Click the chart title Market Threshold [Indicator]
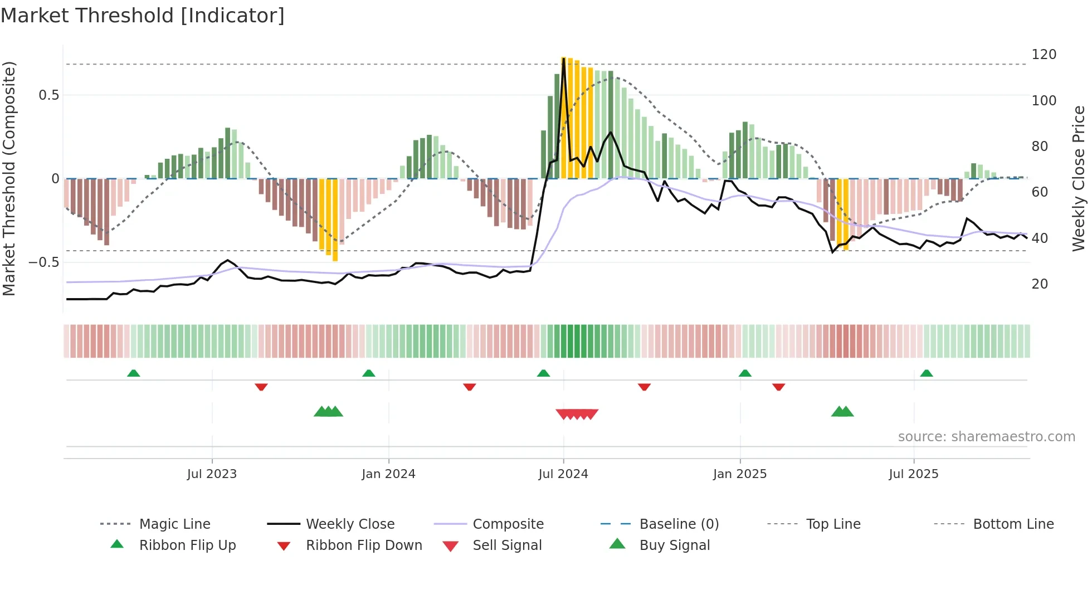[x=143, y=16]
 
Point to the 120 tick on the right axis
[x=1044, y=55]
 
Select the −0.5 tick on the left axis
[x=44, y=262]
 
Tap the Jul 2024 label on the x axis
[x=563, y=474]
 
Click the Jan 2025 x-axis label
[x=739, y=474]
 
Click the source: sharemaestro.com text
[x=986, y=437]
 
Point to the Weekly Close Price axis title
[x=1079, y=178]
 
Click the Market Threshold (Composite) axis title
[x=9, y=178]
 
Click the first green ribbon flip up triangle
[x=133, y=373]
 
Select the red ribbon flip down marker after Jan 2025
[x=778, y=387]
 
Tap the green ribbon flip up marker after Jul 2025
[x=926, y=373]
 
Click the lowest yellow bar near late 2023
[x=335, y=260]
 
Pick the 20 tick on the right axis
[x=1040, y=284]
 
